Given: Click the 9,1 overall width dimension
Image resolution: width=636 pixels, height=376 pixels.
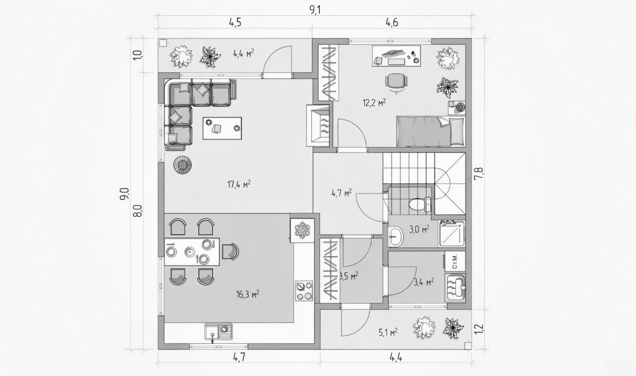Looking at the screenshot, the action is pyautogui.click(x=315, y=10).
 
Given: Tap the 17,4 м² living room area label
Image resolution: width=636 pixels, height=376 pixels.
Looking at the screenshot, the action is pyautogui.click(x=239, y=184).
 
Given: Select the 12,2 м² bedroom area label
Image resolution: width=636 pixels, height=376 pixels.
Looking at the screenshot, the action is pyautogui.click(x=374, y=102).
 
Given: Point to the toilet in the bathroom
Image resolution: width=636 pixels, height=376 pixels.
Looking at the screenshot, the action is pyautogui.click(x=420, y=204).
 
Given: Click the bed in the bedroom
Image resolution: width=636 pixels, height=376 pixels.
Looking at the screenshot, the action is pyautogui.click(x=431, y=131).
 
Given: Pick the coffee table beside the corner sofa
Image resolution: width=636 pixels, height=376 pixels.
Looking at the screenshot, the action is pyautogui.click(x=222, y=128).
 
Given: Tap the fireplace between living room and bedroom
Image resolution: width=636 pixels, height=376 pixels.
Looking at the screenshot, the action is pyautogui.click(x=318, y=126).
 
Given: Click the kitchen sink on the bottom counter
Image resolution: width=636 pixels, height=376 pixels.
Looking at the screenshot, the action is pyautogui.click(x=218, y=331).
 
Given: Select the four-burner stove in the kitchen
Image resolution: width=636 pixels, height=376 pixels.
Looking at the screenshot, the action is pyautogui.click(x=304, y=291).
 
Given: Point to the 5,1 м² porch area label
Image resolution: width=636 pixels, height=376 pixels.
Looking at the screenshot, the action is pyautogui.click(x=388, y=332).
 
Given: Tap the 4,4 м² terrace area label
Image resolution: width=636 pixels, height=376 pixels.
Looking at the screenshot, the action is pyautogui.click(x=243, y=53).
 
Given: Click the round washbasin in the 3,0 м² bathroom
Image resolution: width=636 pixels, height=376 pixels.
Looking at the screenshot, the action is pyautogui.click(x=396, y=236).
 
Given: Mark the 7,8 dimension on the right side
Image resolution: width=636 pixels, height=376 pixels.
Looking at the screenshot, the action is pyautogui.click(x=478, y=174).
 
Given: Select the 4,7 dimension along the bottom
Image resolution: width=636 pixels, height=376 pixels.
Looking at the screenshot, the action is pyautogui.click(x=239, y=357).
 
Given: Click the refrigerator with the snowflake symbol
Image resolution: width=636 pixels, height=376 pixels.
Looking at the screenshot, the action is pyautogui.click(x=302, y=230).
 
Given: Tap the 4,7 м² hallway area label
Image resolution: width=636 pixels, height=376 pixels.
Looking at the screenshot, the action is pyautogui.click(x=341, y=193).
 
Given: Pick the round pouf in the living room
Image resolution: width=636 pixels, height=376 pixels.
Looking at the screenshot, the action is pyautogui.click(x=182, y=165).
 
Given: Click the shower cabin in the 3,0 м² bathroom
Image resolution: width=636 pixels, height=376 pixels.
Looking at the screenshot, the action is pyautogui.click(x=452, y=234).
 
